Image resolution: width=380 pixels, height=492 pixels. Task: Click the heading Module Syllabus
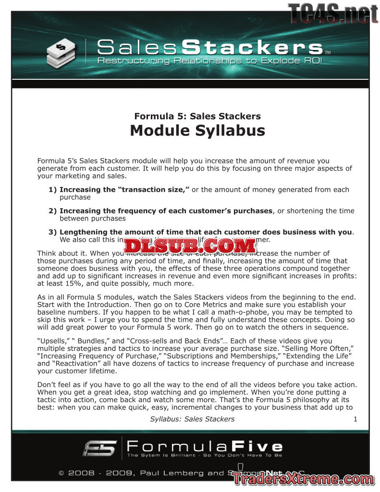pos(197,130)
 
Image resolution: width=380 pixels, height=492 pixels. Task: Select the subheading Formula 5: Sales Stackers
pos(197,116)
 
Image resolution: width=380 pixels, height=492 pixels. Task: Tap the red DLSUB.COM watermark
pos(190,246)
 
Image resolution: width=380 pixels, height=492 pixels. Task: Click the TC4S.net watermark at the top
pos(333,13)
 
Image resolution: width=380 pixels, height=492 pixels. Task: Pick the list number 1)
pos(53,190)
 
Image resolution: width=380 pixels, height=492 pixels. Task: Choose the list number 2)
pos(53,211)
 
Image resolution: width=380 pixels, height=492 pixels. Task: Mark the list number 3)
pos(53,232)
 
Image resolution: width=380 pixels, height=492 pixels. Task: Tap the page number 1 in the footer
pos(355,419)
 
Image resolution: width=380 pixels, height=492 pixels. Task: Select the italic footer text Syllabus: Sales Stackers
pos(192,419)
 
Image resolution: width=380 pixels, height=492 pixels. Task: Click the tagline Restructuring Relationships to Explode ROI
pos(209,61)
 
